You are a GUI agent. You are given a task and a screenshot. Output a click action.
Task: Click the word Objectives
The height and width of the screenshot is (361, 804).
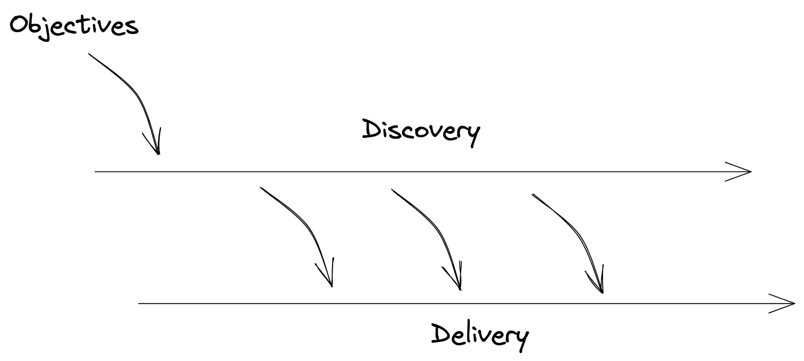[73, 25]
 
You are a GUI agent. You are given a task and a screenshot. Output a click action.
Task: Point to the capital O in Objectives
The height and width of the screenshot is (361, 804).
[19, 24]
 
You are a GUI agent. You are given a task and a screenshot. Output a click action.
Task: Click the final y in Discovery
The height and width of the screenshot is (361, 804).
[472, 135]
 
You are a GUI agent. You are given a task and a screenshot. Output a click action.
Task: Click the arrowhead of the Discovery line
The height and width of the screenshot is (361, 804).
[749, 171]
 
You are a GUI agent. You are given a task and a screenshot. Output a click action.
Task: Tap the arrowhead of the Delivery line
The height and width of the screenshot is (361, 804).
[792, 303]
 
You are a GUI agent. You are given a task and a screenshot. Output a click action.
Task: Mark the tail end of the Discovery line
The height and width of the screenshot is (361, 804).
[96, 172]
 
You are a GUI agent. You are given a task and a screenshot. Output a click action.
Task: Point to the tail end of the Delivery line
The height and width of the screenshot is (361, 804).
[139, 303]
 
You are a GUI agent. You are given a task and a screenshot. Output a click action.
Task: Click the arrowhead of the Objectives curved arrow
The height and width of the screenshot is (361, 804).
[158, 151]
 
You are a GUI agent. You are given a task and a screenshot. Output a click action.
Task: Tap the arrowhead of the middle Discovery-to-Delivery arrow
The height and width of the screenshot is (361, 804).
[459, 287]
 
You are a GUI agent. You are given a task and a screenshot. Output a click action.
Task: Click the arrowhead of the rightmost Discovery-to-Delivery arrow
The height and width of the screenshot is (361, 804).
[601, 289]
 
